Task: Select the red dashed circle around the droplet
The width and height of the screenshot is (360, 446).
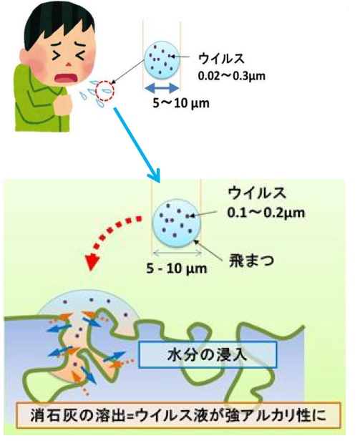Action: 104,90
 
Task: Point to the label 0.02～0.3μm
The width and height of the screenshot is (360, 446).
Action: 231,76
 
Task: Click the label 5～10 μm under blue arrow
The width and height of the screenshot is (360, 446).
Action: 181,102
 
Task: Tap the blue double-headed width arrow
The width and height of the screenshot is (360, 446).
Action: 162,87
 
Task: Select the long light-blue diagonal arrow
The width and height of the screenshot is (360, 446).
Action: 137,145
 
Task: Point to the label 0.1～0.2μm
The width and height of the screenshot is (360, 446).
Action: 266,212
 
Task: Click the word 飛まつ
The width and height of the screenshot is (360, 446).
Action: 251,261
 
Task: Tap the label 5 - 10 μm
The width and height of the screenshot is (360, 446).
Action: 177,268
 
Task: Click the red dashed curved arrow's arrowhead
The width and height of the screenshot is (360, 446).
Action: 92,262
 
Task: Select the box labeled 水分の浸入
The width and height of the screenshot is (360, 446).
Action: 208,355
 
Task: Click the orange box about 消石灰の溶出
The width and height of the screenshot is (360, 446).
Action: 178,415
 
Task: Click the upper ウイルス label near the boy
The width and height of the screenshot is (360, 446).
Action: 221,58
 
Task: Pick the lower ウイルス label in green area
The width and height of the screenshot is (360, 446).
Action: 257,193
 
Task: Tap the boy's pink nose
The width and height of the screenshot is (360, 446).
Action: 68,64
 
